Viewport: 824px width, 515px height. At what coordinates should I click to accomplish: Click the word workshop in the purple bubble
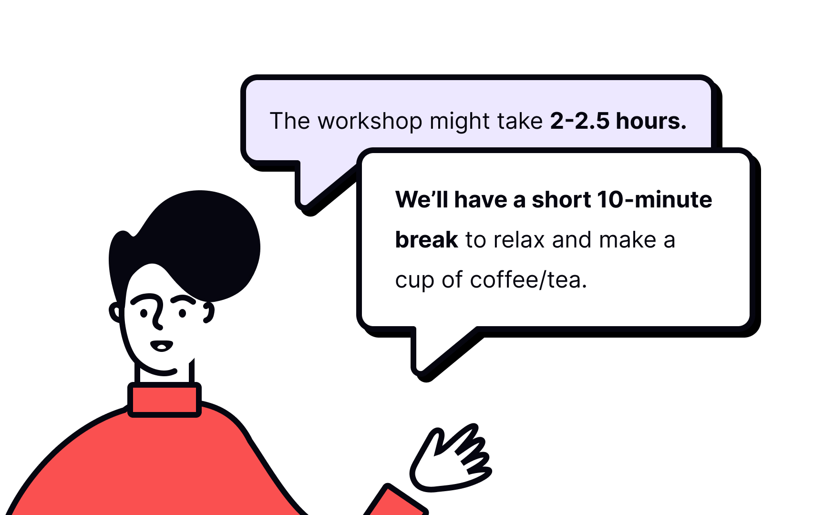coord(370,122)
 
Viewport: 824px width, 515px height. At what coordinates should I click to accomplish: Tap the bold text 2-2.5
coord(579,121)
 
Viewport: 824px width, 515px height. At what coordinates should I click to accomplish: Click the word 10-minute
coord(654,200)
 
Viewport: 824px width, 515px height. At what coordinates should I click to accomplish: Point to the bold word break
coord(426,240)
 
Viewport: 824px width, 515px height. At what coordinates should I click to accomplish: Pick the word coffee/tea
coord(528,280)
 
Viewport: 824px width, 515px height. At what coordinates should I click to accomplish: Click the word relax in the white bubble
coord(519,240)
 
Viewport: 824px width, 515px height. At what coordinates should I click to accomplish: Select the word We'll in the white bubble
coord(422,200)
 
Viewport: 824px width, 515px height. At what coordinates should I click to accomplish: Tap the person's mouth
coord(161,346)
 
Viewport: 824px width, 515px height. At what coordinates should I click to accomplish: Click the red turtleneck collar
coord(165,400)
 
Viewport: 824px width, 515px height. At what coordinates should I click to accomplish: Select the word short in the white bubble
coord(561,200)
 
